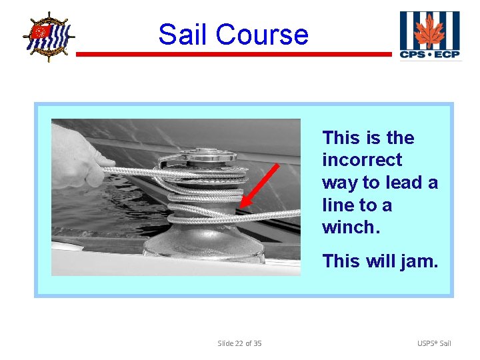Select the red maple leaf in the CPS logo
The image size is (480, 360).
[429, 31]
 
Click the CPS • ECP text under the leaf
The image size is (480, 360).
[429, 54]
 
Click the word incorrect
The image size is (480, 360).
[362, 160]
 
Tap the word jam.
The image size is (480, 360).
[419, 261]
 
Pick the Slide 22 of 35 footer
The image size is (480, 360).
[239, 343]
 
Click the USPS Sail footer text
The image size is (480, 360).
[434, 343]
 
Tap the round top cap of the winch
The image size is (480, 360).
[206, 155]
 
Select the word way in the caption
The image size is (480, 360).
[338, 182]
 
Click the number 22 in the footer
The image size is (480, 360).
[239, 343]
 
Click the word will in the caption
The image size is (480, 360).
[383, 261]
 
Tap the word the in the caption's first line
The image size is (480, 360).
[400, 138]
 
